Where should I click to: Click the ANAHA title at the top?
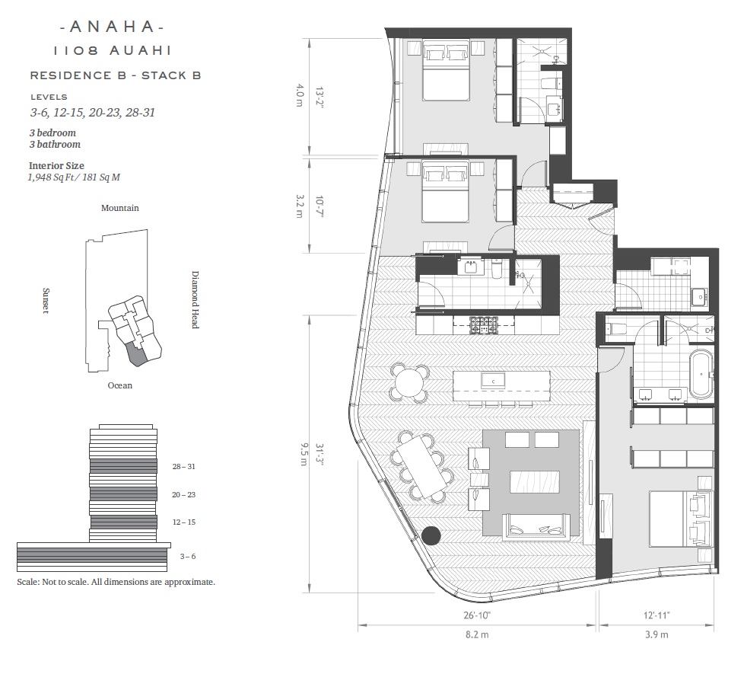coord(113,27)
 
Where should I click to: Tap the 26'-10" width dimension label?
coord(477,615)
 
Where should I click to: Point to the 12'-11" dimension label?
coord(657,615)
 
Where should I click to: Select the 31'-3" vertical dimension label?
coord(320,455)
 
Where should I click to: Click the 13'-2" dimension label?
coord(320,97)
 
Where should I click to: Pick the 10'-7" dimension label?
coord(320,206)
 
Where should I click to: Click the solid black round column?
coord(431,535)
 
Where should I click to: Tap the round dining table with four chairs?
coord(409,382)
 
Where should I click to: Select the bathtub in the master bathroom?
coord(701,374)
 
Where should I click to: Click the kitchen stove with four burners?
coord(484,325)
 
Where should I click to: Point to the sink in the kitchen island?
coord(493,381)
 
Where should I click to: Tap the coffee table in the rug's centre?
coord(535,481)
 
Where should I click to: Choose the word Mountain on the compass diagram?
coord(120,208)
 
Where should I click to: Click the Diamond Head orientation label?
coord(195,299)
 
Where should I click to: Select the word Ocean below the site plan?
coord(120,385)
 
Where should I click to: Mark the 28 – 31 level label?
coord(183,466)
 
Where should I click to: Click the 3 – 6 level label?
coord(187,556)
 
